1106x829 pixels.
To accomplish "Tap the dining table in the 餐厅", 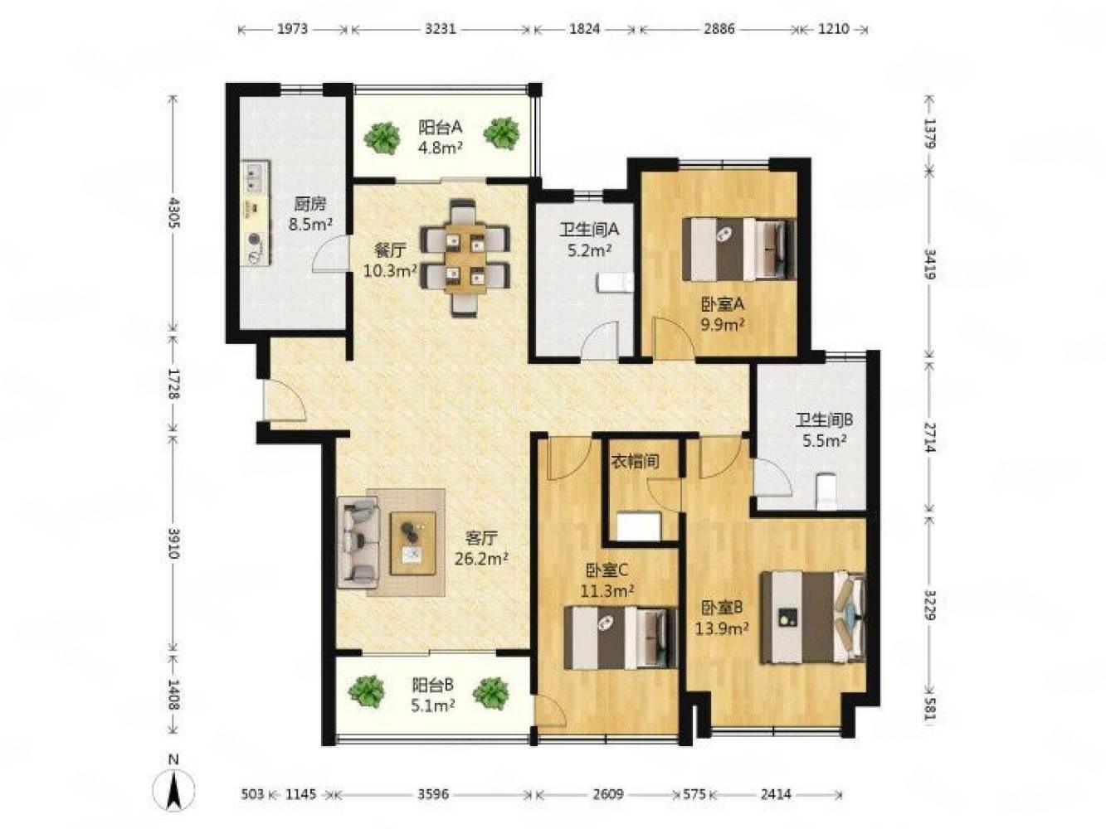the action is (465, 258).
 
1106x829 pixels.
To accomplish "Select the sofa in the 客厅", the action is (358, 542).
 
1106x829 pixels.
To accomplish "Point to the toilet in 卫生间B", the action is (825, 490).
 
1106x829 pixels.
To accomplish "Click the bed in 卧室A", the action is (738, 250).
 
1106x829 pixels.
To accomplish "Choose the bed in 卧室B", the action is (813, 617).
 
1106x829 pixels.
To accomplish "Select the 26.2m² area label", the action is (480, 559).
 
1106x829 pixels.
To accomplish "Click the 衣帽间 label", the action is (635, 461).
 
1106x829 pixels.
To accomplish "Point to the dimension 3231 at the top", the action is (440, 29).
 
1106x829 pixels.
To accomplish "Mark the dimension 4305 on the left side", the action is (174, 213).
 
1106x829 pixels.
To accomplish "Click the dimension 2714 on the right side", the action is (929, 438).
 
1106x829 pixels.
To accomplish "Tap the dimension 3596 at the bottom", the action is (433, 794).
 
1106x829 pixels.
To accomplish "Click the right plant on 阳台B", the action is (491, 694).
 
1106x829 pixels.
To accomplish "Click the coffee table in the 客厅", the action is (412, 543).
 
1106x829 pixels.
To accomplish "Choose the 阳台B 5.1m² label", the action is (433, 695).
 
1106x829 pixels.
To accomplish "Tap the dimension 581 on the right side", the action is (929, 713).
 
